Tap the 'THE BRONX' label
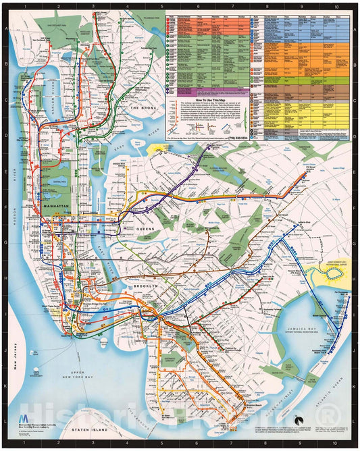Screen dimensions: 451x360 click(x=143, y=108)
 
